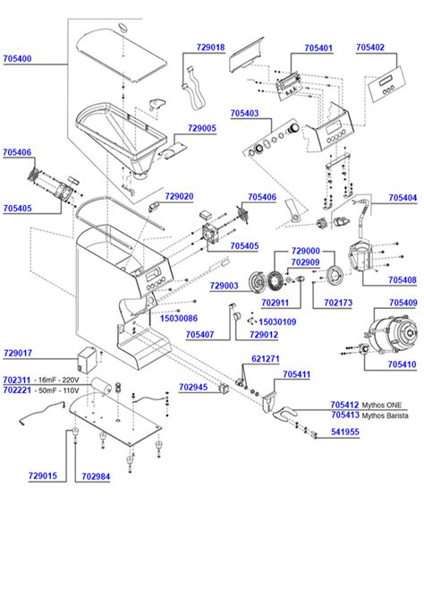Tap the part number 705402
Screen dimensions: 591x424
(x=370, y=47)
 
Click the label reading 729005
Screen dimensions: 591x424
(x=202, y=128)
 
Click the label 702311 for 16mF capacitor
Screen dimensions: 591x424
(x=18, y=381)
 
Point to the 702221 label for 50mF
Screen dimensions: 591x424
(x=18, y=391)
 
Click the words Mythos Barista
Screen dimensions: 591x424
(x=390, y=415)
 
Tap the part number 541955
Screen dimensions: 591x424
(x=345, y=433)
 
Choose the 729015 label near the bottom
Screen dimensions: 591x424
(x=43, y=475)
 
